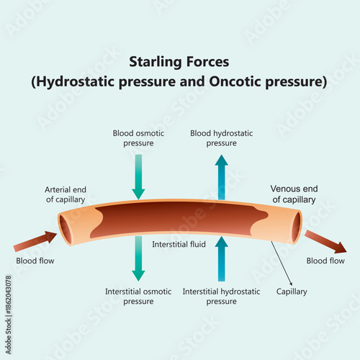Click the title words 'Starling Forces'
point(179,63)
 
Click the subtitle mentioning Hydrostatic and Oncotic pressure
point(179,81)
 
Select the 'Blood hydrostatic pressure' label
point(222,138)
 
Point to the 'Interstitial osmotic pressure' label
point(138,296)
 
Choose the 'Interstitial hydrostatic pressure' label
point(221,296)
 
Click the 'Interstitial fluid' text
point(179,245)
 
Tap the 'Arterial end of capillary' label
point(65,194)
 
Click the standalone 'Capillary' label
point(292,292)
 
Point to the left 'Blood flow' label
point(35,261)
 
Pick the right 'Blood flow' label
point(325,261)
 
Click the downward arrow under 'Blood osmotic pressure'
point(138,178)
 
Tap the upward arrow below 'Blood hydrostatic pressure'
point(222,176)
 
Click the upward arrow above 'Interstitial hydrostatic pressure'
point(222,259)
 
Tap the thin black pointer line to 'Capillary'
point(282,262)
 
